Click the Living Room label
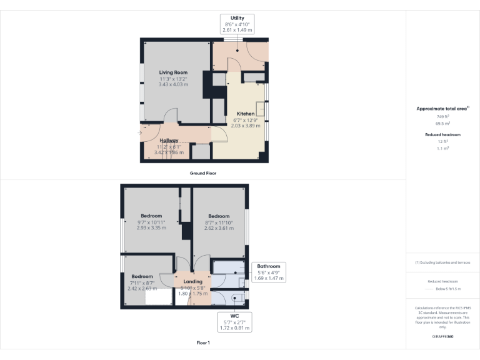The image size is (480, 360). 173,72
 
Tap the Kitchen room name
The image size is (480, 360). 245,113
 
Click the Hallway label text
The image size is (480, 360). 169,140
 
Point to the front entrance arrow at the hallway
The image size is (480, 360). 140,132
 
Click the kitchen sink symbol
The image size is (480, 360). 261,111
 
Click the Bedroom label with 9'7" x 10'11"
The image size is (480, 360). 151,216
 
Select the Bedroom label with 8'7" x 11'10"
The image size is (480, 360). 219,216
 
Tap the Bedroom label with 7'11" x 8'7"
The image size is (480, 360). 142,276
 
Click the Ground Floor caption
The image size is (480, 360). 203,172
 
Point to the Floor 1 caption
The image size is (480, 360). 203,343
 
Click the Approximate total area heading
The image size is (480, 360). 442,109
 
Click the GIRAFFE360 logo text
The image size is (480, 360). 442,337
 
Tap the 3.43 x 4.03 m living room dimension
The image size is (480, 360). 173,84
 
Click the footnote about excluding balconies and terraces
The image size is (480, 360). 442,262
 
